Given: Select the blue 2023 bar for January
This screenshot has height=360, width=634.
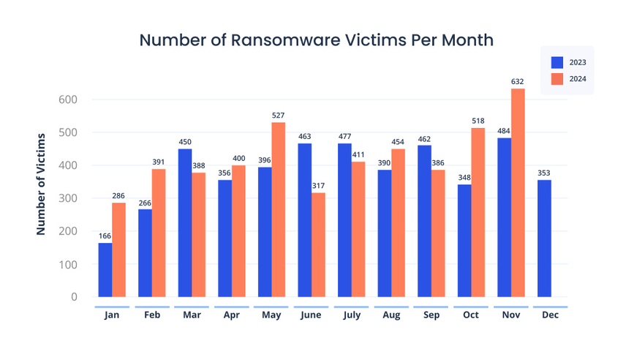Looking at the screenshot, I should pyautogui.click(x=105, y=269).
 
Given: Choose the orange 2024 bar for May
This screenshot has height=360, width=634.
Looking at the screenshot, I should pyautogui.click(x=278, y=209).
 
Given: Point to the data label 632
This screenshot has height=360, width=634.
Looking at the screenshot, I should pyautogui.click(x=518, y=82).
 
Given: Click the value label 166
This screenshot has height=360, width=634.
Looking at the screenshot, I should pyautogui.click(x=105, y=236).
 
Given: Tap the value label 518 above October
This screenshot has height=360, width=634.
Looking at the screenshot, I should pyautogui.click(x=478, y=121).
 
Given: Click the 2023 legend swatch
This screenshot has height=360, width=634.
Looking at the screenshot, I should pyautogui.click(x=557, y=62).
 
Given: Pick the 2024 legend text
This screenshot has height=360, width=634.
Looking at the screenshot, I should pyautogui.click(x=578, y=79).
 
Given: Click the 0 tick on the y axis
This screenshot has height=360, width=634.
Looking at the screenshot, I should pyautogui.click(x=74, y=297).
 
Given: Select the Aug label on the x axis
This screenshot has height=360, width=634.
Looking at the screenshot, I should pyautogui.click(x=391, y=315).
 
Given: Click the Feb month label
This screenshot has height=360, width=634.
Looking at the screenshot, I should pyautogui.click(x=152, y=315).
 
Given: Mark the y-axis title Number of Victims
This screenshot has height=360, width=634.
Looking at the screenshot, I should pyautogui.click(x=42, y=183).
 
